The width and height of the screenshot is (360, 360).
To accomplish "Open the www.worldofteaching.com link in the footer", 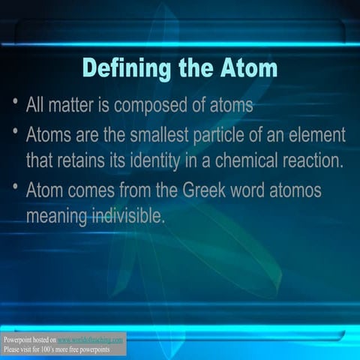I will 90,340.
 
